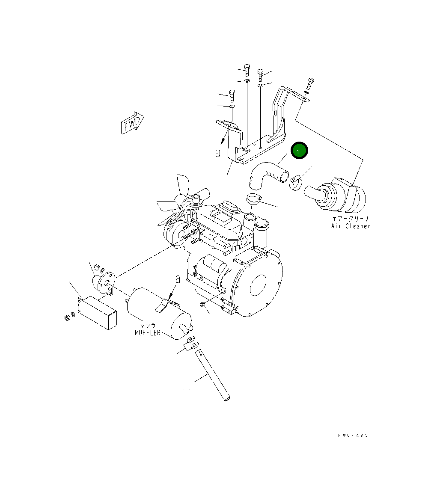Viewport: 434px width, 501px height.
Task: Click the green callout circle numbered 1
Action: tap(299, 151)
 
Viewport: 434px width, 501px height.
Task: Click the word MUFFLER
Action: tap(148, 332)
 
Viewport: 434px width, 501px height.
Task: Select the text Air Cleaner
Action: tap(350, 226)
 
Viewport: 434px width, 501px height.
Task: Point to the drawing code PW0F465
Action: tap(352, 435)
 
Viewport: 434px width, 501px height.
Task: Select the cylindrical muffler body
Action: tap(154, 308)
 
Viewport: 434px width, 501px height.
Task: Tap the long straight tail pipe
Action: tap(214, 376)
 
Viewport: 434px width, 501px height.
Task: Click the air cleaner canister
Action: tap(342, 197)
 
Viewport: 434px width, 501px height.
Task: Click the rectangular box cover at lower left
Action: tap(98, 312)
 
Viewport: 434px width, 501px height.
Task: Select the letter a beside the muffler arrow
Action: tap(178, 279)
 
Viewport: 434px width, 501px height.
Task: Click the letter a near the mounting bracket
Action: tap(218, 153)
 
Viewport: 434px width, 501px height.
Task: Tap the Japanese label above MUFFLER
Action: tap(148, 325)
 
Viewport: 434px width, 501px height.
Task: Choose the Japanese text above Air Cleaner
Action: tap(351, 218)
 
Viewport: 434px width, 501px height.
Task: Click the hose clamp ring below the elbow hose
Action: tap(254, 199)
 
